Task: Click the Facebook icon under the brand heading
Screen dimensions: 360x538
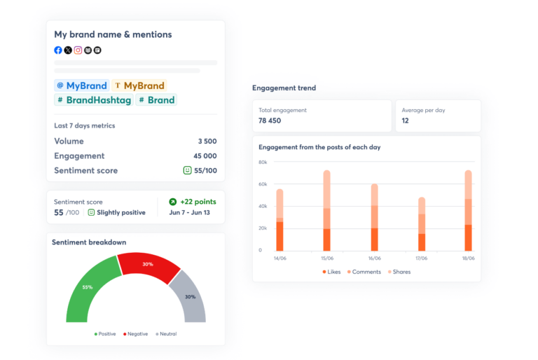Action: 58,50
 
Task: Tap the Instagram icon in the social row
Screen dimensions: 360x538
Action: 78,50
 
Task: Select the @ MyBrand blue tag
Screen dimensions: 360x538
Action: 82,85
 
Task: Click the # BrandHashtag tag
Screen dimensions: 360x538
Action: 94,100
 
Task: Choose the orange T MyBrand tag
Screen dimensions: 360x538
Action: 139,85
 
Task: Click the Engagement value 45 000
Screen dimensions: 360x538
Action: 205,156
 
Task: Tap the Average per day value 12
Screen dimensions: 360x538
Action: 405,120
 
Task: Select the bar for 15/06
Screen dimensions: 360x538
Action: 326,210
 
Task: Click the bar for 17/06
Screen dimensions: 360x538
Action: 422,224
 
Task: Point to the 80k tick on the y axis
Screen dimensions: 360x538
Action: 263,162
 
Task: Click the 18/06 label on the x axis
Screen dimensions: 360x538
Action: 468,258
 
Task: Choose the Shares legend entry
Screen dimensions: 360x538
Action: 399,272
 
